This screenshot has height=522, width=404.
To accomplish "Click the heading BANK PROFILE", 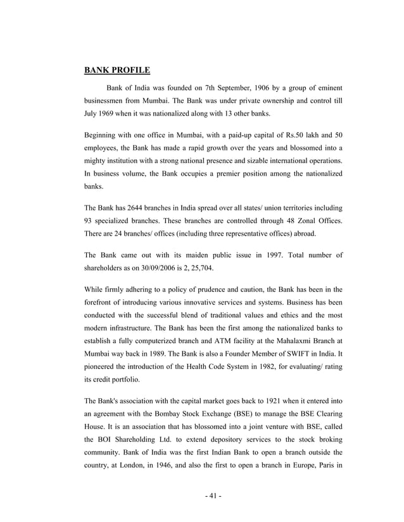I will coord(117,70).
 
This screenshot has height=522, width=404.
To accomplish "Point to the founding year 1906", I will coord(260,87).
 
